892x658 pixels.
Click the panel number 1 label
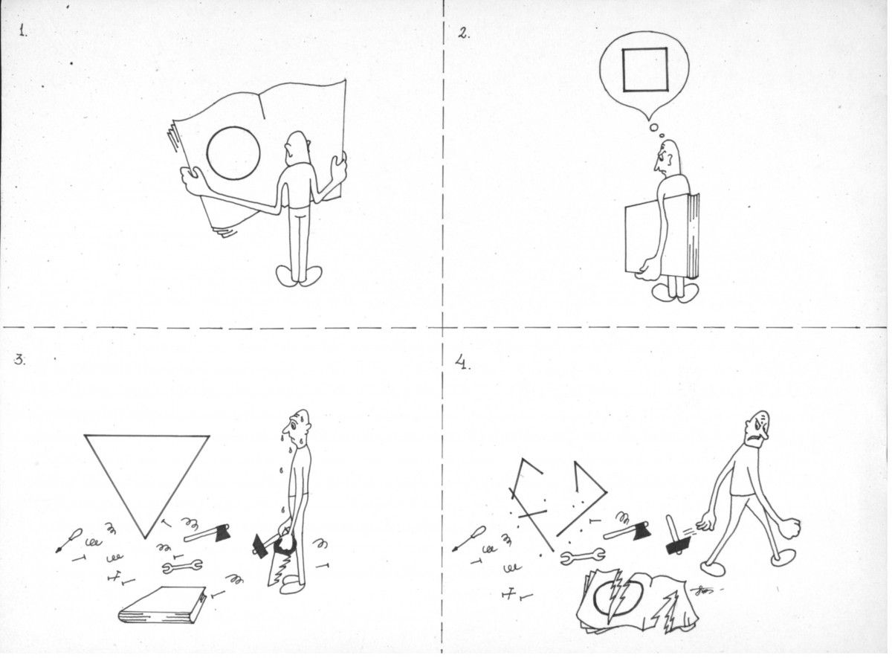[24, 30]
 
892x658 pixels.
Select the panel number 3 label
[20, 360]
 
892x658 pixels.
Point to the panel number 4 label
[462, 364]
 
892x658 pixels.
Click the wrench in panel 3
[182, 567]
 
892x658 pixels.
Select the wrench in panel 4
[583, 556]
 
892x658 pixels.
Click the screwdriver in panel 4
[469, 539]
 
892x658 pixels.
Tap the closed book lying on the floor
[163, 604]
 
